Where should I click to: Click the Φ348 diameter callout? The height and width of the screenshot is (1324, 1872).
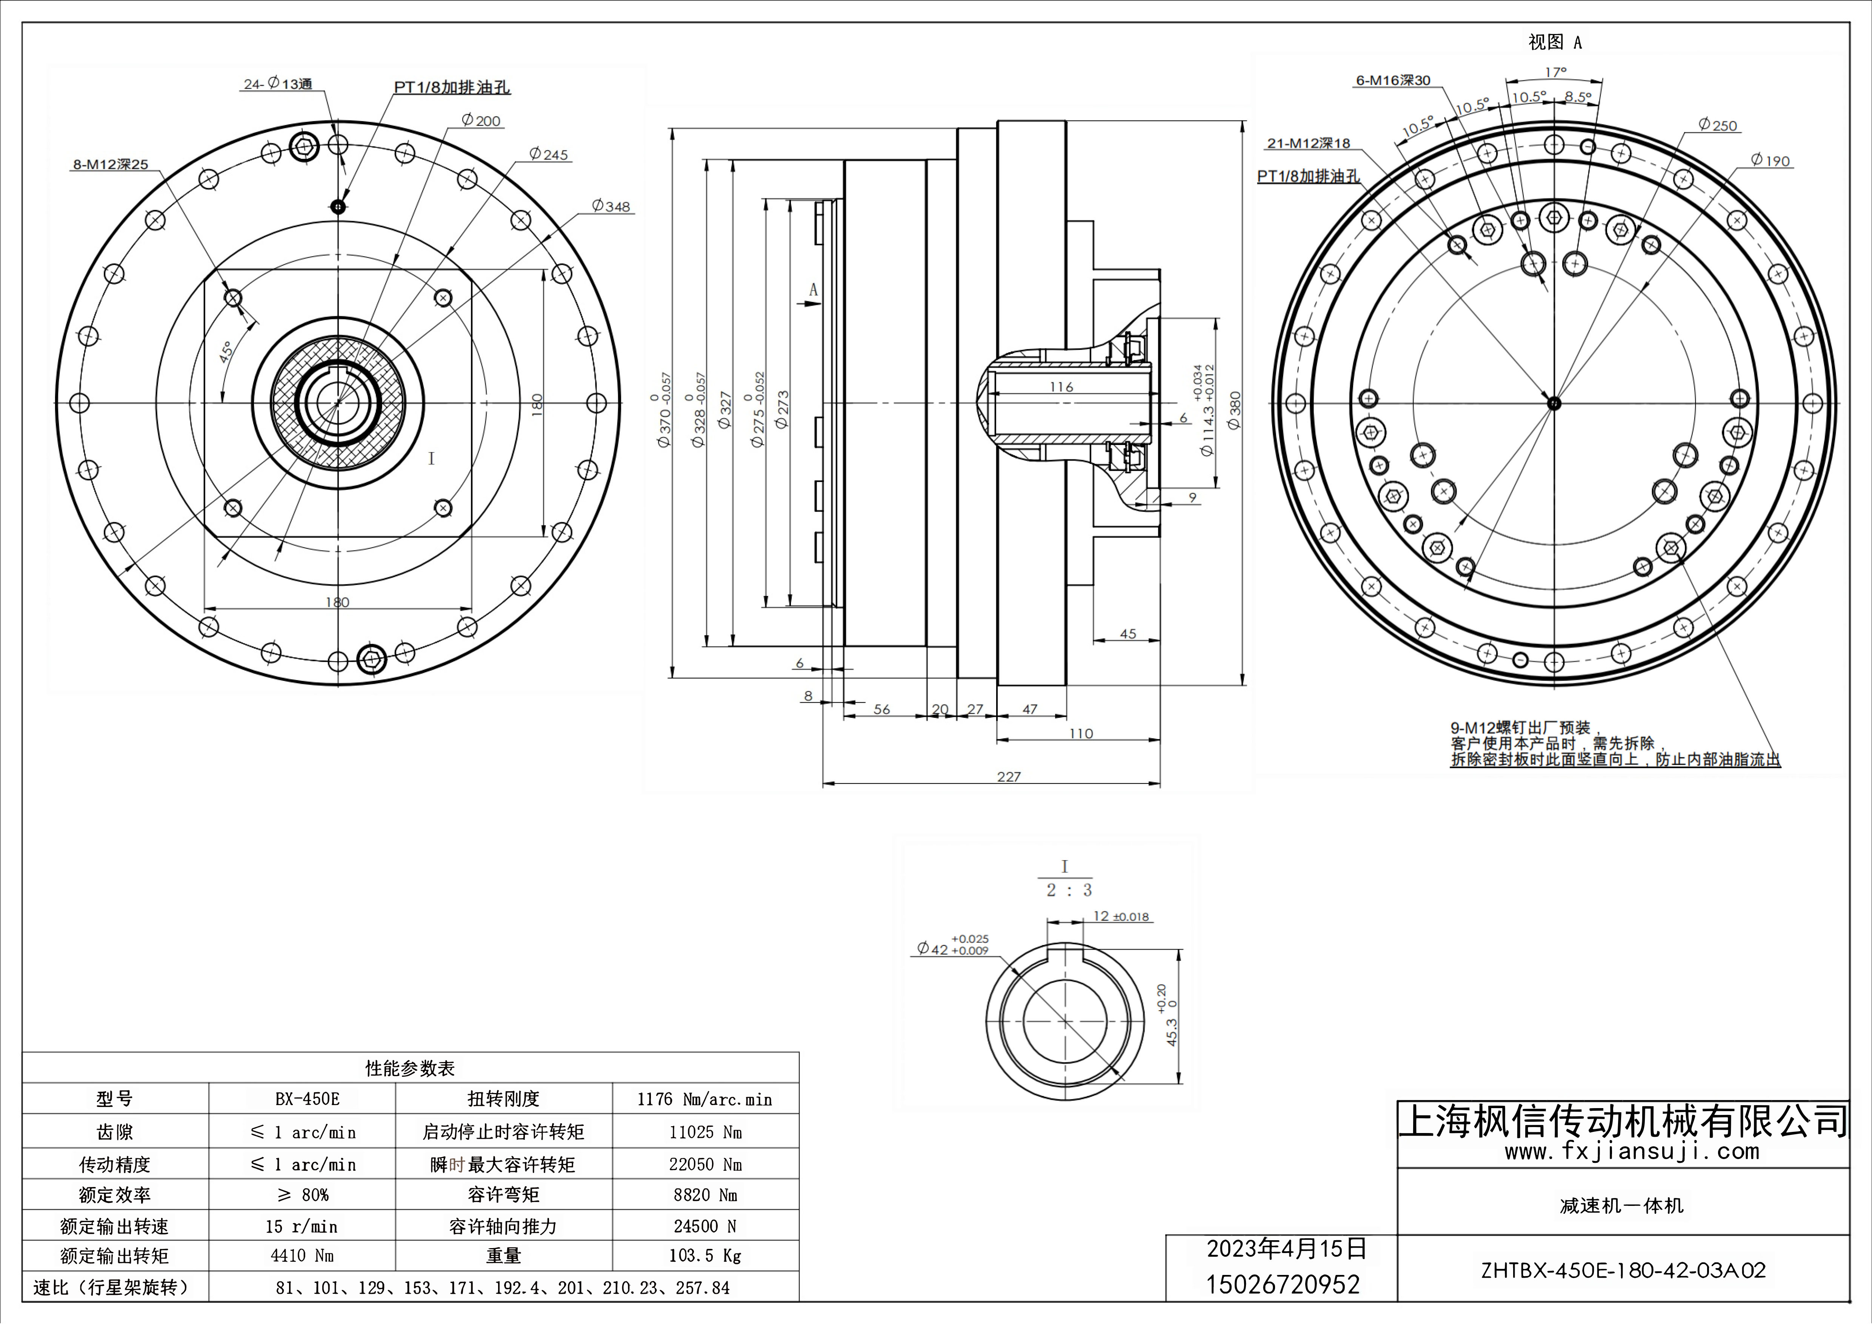[x=612, y=206]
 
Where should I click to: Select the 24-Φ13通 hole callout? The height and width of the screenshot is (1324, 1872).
[x=278, y=84]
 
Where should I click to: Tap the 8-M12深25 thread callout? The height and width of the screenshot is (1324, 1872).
[x=111, y=165]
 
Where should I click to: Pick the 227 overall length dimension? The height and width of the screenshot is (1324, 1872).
[x=1009, y=777]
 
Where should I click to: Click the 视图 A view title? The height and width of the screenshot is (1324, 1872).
[x=1555, y=42]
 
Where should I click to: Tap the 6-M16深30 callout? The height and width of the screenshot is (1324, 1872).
[x=1392, y=81]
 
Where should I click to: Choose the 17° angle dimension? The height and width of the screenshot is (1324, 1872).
[x=1556, y=72]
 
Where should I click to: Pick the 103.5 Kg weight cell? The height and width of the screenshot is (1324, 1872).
[x=705, y=1256]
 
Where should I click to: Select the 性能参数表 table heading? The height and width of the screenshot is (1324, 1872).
[x=410, y=1068]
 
